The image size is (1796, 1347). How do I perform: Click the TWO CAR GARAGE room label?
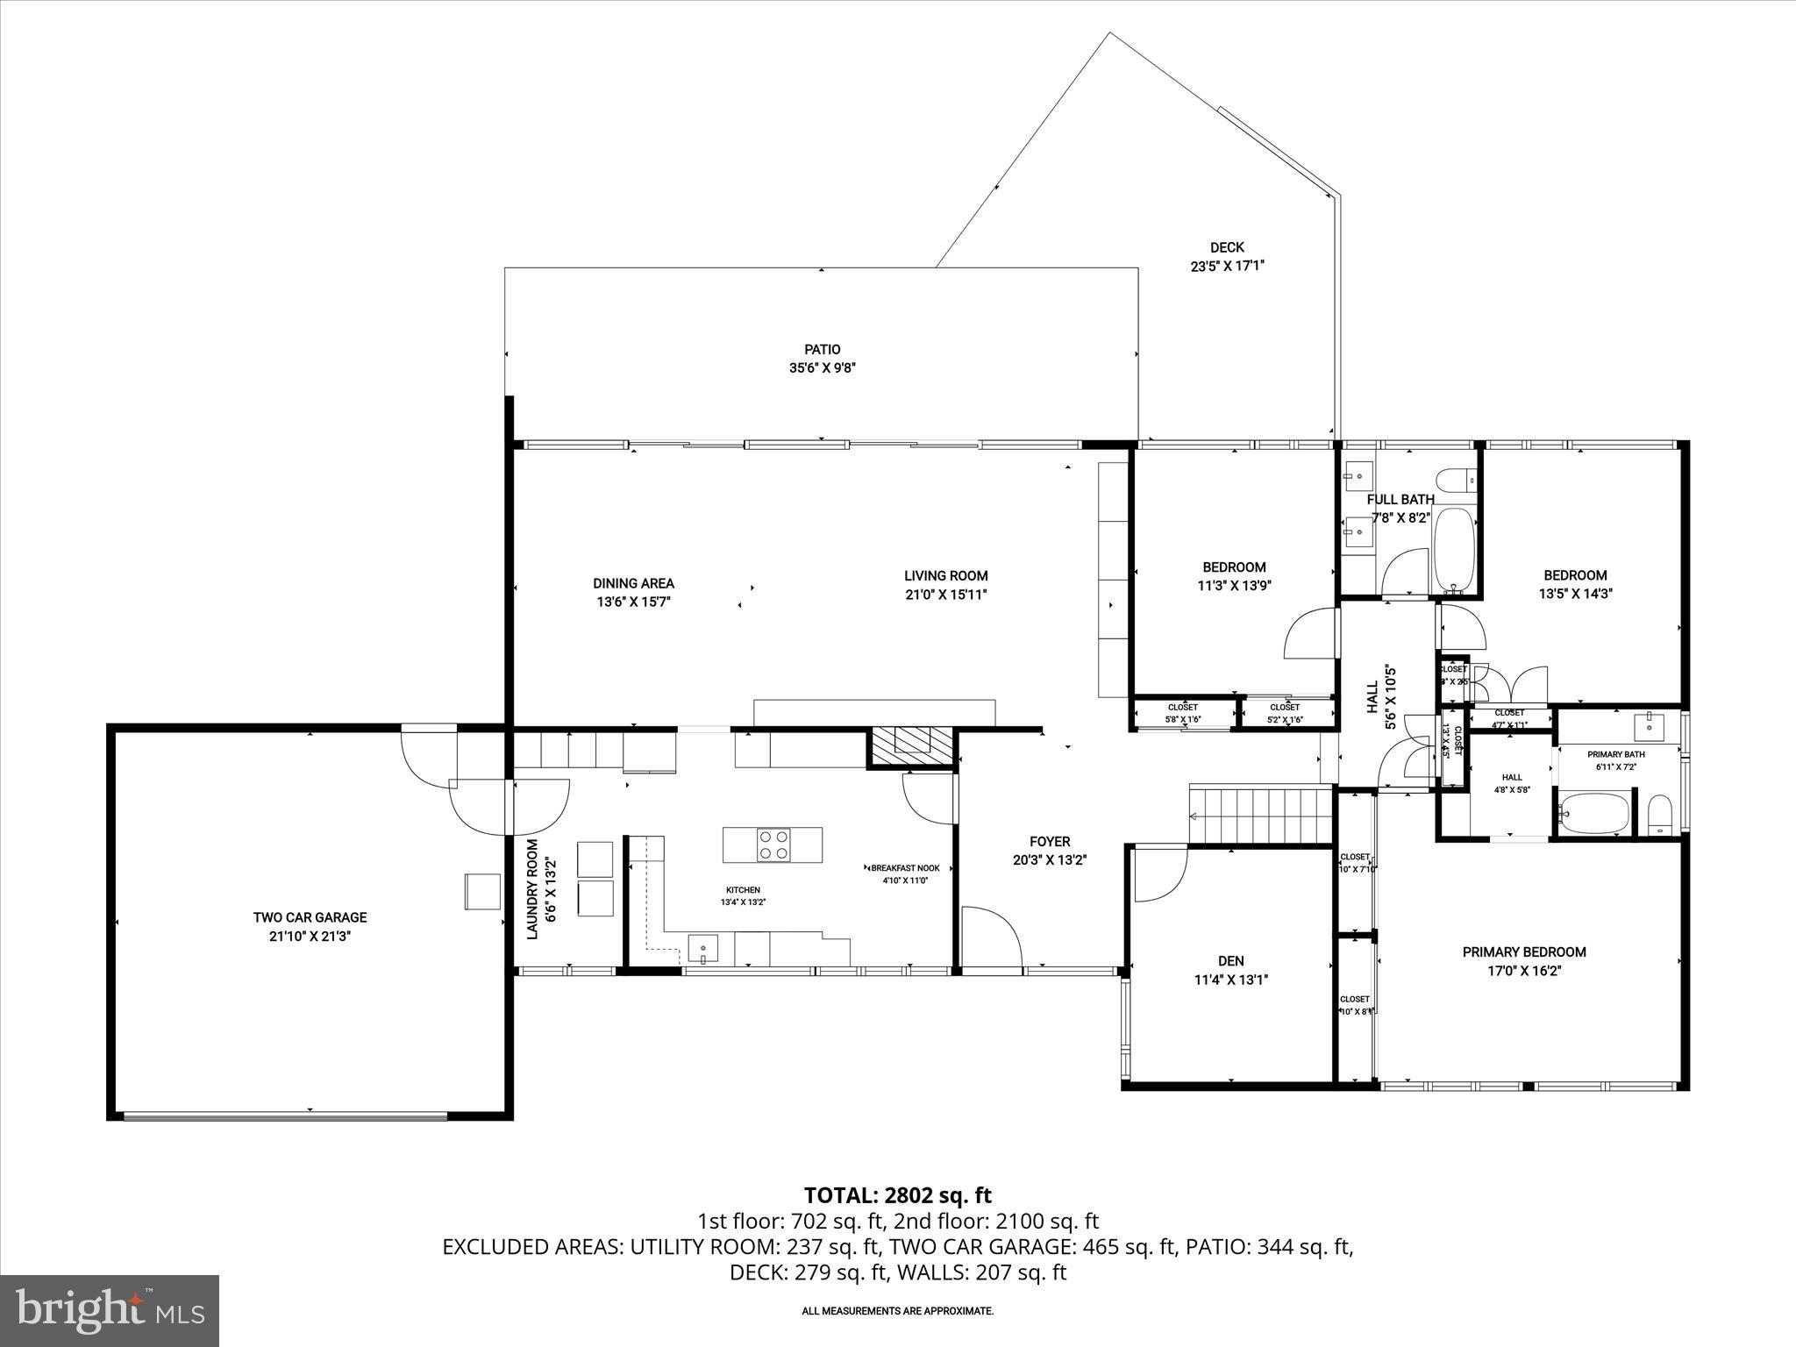(x=310, y=917)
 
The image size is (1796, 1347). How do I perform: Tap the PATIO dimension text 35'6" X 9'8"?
(x=822, y=368)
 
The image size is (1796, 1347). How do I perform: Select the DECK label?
(x=1227, y=247)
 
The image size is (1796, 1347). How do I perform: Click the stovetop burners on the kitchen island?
(x=773, y=845)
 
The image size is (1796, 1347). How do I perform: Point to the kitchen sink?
(x=702, y=948)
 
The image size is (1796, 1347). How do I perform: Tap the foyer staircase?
(x=1259, y=815)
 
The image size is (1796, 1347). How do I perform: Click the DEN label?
(x=1230, y=961)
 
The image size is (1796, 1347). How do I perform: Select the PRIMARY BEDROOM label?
(x=1524, y=951)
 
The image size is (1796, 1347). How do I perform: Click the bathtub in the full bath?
(x=1455, y=549)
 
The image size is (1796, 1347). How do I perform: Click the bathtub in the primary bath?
(x=1595, y=813)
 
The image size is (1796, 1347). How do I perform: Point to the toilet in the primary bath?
(x=1659, y=815)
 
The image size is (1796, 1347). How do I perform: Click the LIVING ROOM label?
(x=946, y=576)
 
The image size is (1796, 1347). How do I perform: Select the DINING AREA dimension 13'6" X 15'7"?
(x=634, y=602)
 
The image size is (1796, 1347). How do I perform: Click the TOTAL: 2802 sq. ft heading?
(x=897, y=1195)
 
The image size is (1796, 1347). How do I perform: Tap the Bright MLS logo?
(x=110, y=1310)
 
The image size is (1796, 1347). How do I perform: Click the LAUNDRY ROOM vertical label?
(x=531, y=889)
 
